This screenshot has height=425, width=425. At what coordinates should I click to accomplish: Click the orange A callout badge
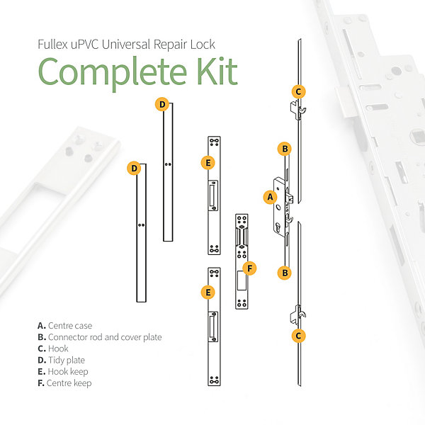point(271,197)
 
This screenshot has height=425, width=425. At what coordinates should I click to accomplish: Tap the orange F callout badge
point(249,268)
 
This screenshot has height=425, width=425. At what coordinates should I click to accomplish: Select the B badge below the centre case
point(285,273)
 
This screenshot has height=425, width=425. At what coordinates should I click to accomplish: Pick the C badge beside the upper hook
point(298,91)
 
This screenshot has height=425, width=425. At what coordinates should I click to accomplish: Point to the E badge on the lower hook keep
point(208,292)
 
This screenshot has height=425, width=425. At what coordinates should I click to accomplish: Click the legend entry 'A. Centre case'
point(64,326)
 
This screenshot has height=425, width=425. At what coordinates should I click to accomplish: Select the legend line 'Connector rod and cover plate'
point(105,337)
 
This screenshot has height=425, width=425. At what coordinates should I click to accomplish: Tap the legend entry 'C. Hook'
point(53,348)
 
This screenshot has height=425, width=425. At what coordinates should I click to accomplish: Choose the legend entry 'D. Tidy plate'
point(61,361)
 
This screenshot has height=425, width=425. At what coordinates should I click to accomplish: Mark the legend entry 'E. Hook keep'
point(63,372)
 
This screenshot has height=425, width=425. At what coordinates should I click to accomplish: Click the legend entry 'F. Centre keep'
point(64,383)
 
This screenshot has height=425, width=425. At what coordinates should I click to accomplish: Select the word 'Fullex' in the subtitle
point(52,45)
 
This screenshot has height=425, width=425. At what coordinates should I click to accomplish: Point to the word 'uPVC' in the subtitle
point(84,45)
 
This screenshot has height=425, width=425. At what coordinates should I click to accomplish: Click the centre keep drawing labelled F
point(242,261)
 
